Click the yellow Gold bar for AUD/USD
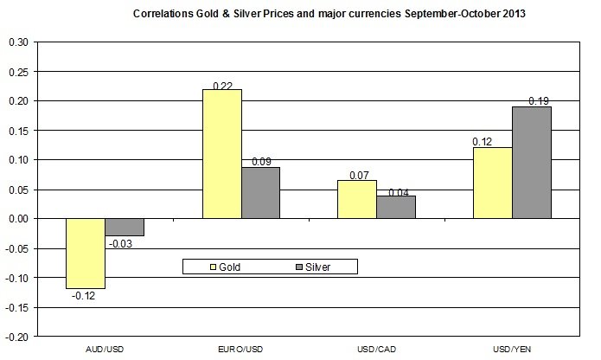coord(85,253)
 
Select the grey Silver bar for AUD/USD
coord(125,227)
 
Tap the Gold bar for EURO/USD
coord(221,153)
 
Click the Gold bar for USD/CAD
coord(356,199)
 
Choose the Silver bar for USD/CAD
coord(396,207)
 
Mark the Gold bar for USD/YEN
coord(492,183)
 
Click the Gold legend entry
coord(222,267)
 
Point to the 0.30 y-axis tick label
coord(17,42)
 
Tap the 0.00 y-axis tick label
coord(17,219)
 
